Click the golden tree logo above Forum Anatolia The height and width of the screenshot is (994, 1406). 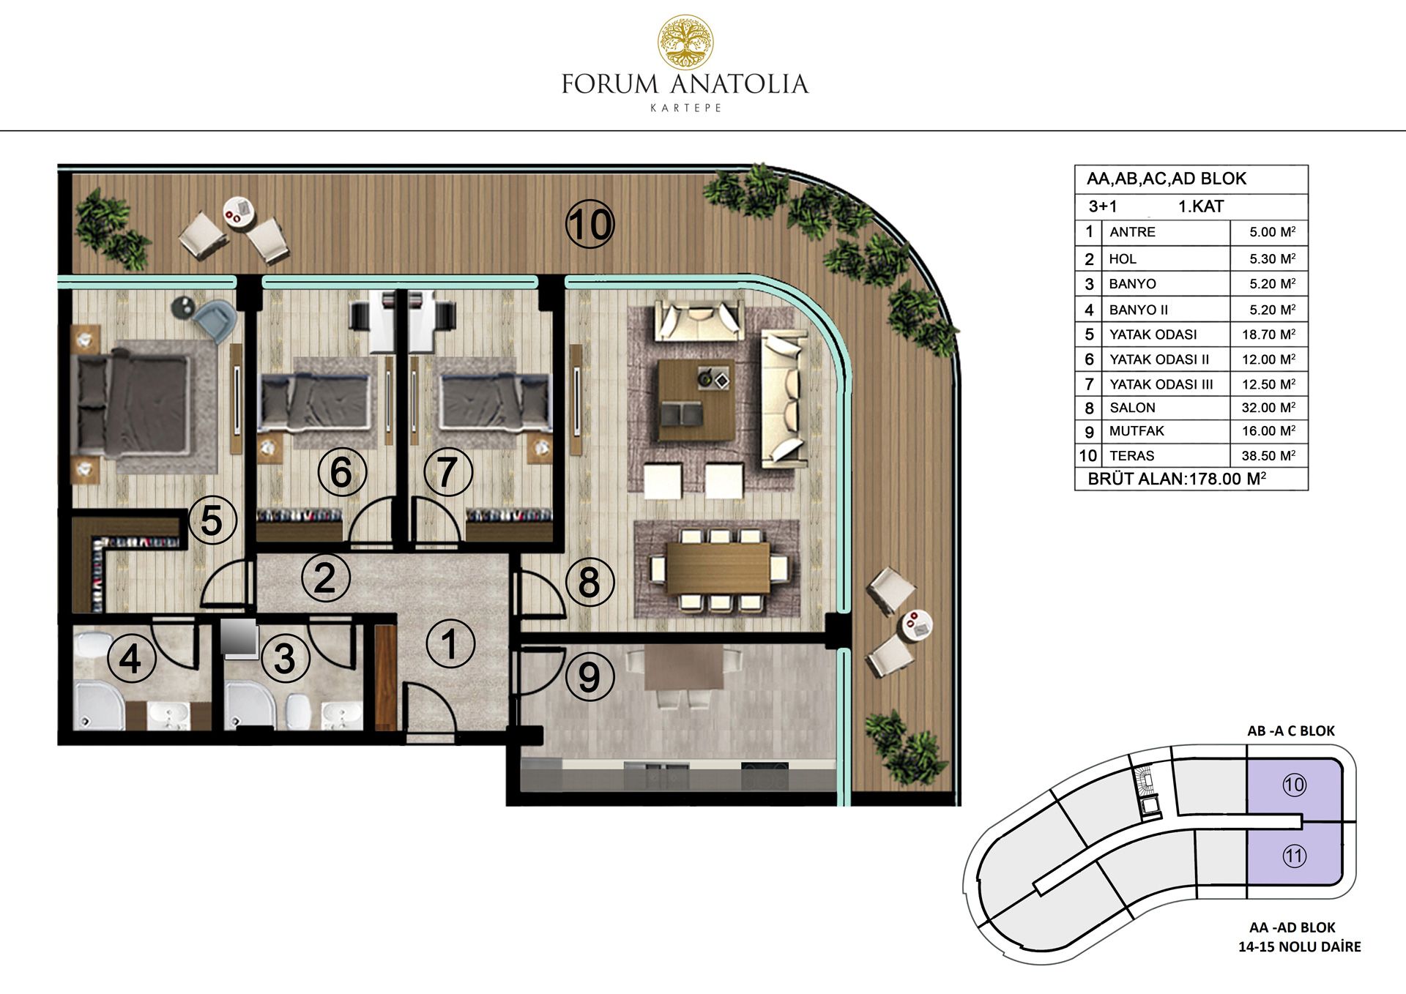685,42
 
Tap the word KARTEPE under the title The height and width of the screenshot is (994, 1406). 686,108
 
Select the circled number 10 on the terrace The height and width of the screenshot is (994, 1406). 590,224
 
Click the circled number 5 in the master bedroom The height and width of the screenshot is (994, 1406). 212,521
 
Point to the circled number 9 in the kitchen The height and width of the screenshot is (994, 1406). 589,677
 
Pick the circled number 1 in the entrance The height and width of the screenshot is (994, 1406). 450,644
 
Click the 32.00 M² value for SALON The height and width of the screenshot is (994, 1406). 1268,408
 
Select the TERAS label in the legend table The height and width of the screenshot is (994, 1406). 1131,456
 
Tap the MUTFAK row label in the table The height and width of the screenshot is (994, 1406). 1137,431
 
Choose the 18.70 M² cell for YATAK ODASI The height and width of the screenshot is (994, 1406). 1268,335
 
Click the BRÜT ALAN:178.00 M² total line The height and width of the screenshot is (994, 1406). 1177,479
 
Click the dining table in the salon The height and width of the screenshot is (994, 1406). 718,568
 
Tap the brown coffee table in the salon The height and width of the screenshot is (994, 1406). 696,400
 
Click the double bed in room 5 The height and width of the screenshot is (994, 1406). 135,403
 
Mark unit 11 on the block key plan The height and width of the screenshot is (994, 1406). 1294,856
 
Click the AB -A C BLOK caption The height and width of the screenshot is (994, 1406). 1291,730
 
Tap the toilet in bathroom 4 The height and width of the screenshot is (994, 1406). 91,647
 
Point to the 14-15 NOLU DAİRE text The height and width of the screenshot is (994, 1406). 1299,946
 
